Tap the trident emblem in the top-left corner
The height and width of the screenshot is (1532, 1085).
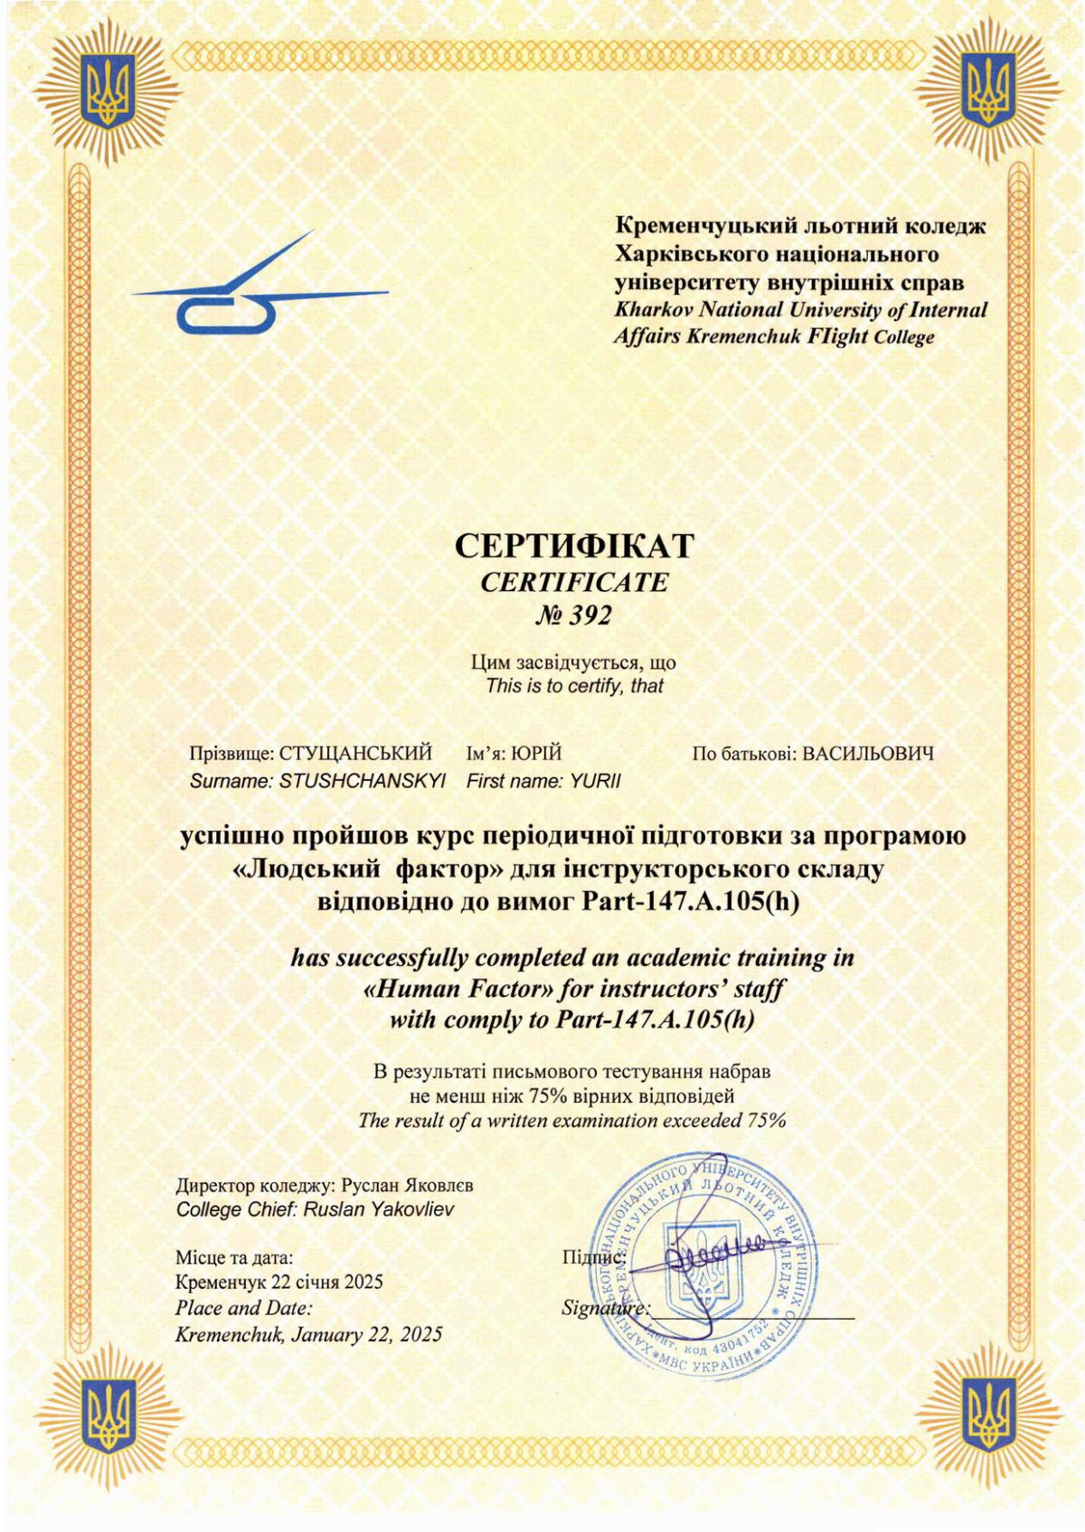108,90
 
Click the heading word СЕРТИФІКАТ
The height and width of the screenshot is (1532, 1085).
573,546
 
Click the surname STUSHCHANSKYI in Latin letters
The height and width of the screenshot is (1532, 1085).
363,781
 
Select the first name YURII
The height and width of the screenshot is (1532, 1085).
596,781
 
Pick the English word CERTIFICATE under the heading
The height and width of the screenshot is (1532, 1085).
574,582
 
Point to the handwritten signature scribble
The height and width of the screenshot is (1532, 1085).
710,1253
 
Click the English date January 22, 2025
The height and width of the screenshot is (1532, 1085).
366,1333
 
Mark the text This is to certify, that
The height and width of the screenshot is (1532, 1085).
574,685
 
